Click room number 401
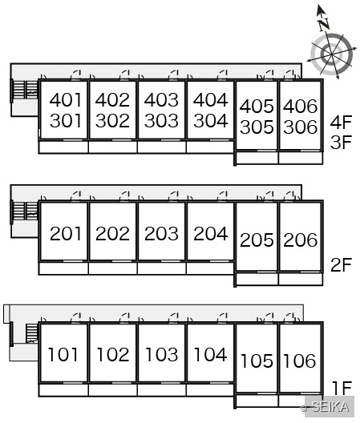[x=66, y=100]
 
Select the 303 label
[x=161, y=120]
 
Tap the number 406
[x=300, y=106]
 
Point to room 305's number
[x=257, y=127]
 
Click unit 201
[x=66, y=234]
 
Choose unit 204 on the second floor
[x=211, y=234]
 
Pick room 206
[x=300, y=240]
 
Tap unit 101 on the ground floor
[x=63, y=354]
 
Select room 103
[x=161, y=354]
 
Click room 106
[x=300, y=361]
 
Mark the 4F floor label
[x=341, y=122]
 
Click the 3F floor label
[x=341, y=142]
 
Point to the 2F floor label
[x=341, y=264]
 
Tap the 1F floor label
[x=342, y=388]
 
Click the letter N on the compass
[x=324, y=24]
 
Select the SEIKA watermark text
[x=330, y=407]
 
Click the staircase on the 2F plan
[x=26, y=211]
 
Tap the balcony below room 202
[x=112, y=268]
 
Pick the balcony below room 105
[x=257, y=401]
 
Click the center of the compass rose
[x=332, y=54]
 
